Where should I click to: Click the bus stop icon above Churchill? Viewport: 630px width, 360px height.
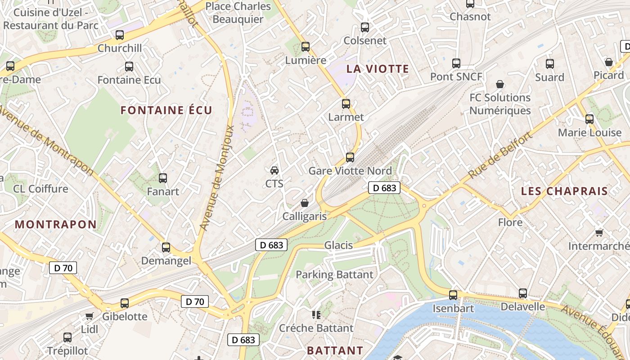[x=120, y=35]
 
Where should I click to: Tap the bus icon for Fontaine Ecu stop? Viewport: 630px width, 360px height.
[x=129, y=67]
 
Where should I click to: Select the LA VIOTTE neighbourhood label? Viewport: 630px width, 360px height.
[x=378, y=69]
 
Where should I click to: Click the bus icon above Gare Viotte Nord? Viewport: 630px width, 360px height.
[x=350, y=157]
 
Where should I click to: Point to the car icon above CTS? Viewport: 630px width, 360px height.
[x=274, y=170]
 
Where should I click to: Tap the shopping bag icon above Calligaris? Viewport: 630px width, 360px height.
[x=305, y=203]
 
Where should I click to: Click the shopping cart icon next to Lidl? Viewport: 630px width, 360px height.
[x=89, y=316]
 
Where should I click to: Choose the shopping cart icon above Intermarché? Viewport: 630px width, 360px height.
[x=599, y=233]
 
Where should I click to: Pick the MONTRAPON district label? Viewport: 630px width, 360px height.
[x=56, y=224]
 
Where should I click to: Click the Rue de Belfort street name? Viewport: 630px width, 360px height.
[x=500, y=155]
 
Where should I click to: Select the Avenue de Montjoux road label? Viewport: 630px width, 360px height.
[x=218, y=178]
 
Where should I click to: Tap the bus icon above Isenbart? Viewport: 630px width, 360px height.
[x=453, y=295]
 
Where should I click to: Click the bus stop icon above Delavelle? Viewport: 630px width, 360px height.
[x=522, y=293]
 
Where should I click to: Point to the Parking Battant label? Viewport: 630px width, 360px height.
[x=334, y=274]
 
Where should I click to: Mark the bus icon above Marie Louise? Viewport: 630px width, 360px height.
[x=589, y=119]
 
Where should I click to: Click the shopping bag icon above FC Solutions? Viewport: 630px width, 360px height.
[x=500, y=84]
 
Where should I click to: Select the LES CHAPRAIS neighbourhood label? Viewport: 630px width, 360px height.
[x=564, y=191]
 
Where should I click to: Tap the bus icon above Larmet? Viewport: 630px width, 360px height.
[x=346, y=104]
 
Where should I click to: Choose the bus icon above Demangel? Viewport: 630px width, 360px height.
[x=166, y=247]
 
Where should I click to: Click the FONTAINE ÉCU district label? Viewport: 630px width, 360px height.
[x=166, y=110]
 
